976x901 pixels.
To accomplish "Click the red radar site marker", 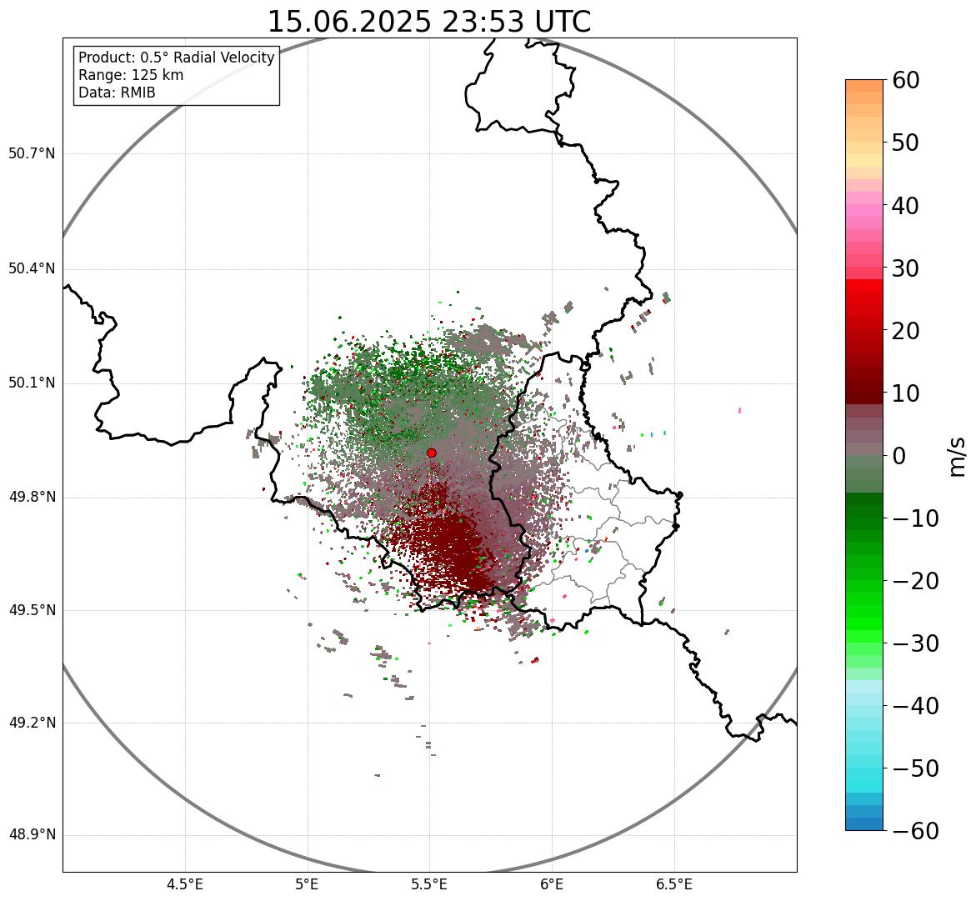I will (x=431, y=453).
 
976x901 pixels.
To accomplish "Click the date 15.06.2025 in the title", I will (x=349, y=22).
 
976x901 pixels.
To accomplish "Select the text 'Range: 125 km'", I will (x=131, y=75).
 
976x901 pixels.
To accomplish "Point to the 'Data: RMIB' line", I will (x=117, y=93).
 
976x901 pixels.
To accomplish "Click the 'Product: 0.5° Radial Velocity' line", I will (x=176, y=58).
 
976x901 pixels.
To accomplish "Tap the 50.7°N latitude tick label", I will (x=32, y=153).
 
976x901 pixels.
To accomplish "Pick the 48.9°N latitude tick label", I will (x=32, y=835).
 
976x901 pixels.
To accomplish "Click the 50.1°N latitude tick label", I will (x=32, y=383).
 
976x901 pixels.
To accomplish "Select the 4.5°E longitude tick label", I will (x=185, y=884).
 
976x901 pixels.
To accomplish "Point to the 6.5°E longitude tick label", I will (x=673, y=884).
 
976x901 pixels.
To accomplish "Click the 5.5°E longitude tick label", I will (x=429, y=884).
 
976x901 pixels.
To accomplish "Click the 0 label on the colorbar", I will (x=899, y=456).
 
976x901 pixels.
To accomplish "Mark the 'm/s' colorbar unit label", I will (x=957, y=456).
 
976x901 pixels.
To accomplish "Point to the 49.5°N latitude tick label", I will (x=32, y=610).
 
